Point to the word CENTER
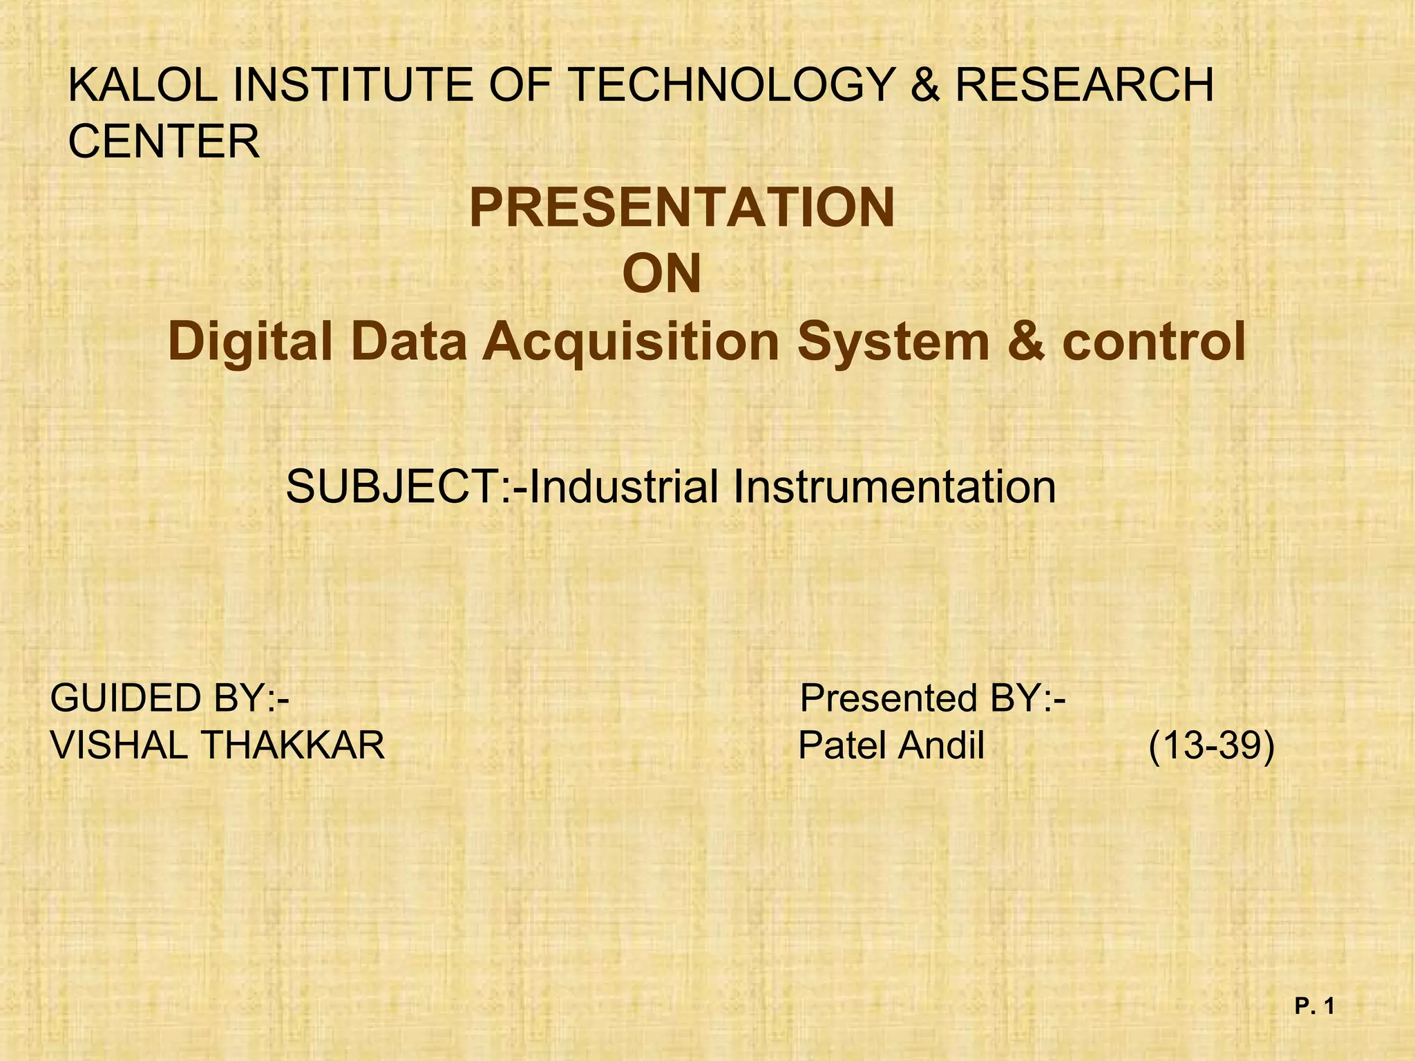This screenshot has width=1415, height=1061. click(x=164, y=142)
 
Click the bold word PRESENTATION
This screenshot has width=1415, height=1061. click(x=682, y=208)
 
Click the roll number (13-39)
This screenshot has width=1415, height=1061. click(x=1211, y=745)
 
